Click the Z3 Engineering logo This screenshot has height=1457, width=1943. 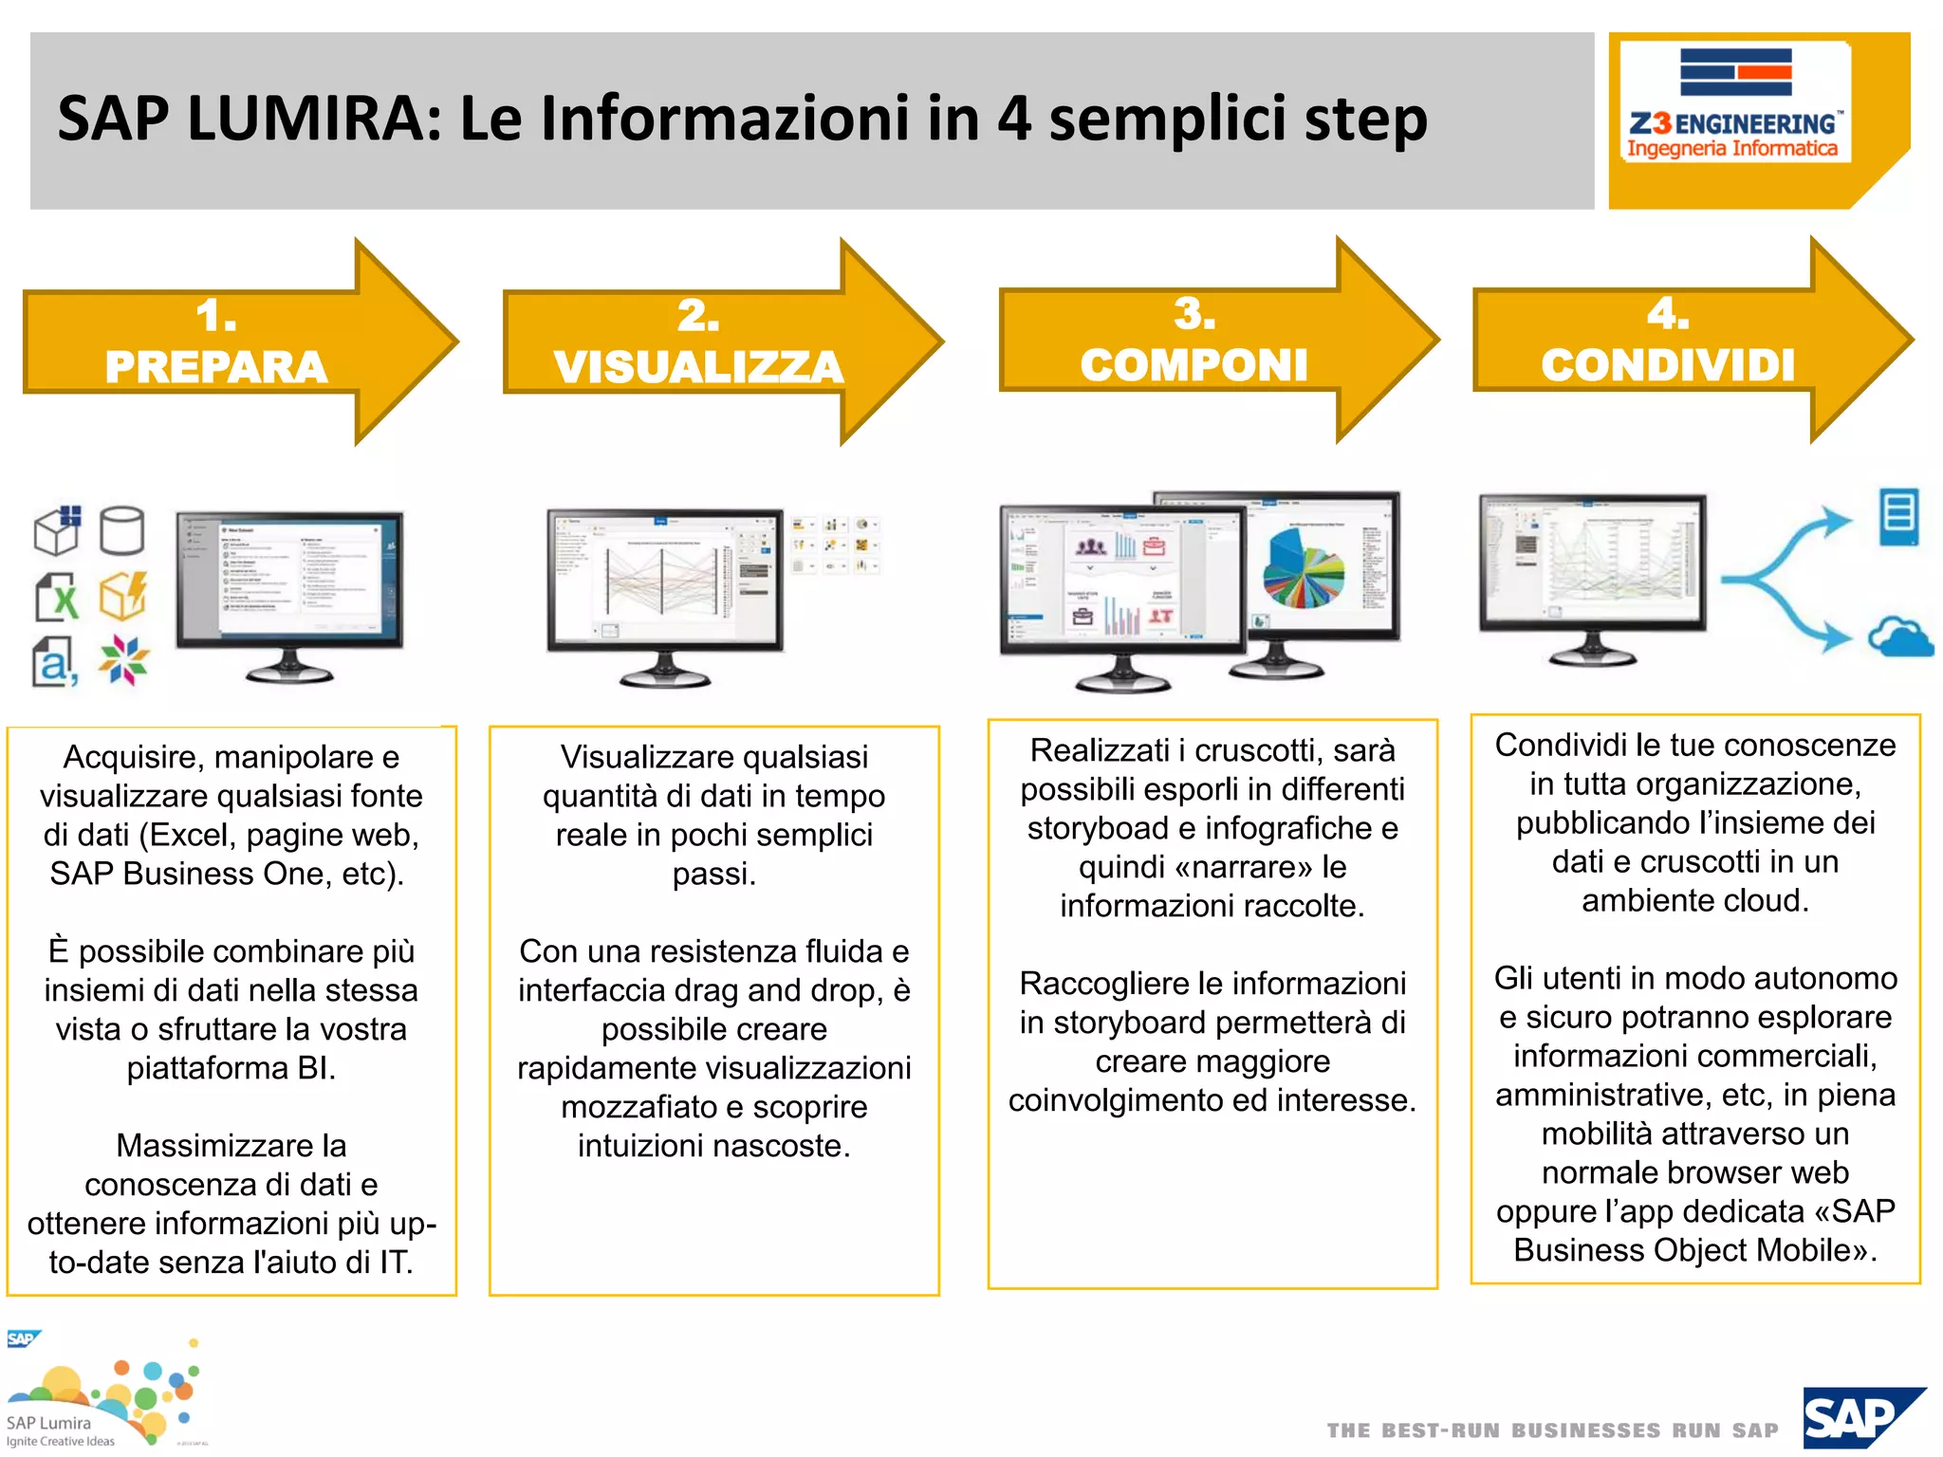1734,104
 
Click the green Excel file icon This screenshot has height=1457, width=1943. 57,598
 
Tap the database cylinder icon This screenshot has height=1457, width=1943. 121,530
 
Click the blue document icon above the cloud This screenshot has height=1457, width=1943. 1898,516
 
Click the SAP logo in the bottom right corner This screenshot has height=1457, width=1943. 1861,1417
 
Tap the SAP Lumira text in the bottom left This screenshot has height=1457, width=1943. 49,1423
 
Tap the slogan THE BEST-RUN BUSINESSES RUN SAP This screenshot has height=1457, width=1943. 1552,1430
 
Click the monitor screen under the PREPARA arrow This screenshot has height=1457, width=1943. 289,579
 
